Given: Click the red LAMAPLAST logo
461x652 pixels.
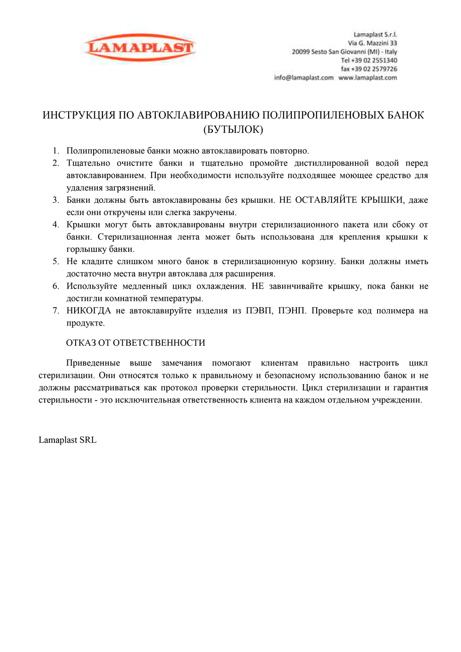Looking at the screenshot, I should [140, 47].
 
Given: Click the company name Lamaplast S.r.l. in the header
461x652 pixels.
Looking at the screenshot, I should [375, 35].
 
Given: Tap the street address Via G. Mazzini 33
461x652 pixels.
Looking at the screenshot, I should [372, 43].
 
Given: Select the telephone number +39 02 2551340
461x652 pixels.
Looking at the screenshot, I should [374, 60].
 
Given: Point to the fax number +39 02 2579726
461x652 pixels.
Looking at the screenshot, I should [374, 69].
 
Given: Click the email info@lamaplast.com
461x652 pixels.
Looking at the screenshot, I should [303, 77].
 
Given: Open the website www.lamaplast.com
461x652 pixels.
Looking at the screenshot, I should [367, 77].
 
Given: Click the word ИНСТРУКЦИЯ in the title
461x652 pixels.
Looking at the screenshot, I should [79, 115].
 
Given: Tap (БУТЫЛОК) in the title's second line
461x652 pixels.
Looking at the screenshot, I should [233, 130].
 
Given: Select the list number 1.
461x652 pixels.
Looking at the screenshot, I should [55, 151].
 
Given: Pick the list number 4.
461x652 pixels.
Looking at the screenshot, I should [55, 225].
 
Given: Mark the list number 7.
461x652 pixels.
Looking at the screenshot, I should [55, 311].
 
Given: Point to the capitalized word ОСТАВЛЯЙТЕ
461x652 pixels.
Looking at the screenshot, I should [325, 200].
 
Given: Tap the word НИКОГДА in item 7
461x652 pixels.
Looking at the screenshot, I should [89, 311].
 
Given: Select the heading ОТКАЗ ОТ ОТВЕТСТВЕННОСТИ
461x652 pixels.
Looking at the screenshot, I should [136, 343].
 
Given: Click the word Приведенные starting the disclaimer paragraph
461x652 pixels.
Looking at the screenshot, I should [93, 363].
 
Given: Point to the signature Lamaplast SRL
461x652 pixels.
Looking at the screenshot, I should [68, 440].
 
